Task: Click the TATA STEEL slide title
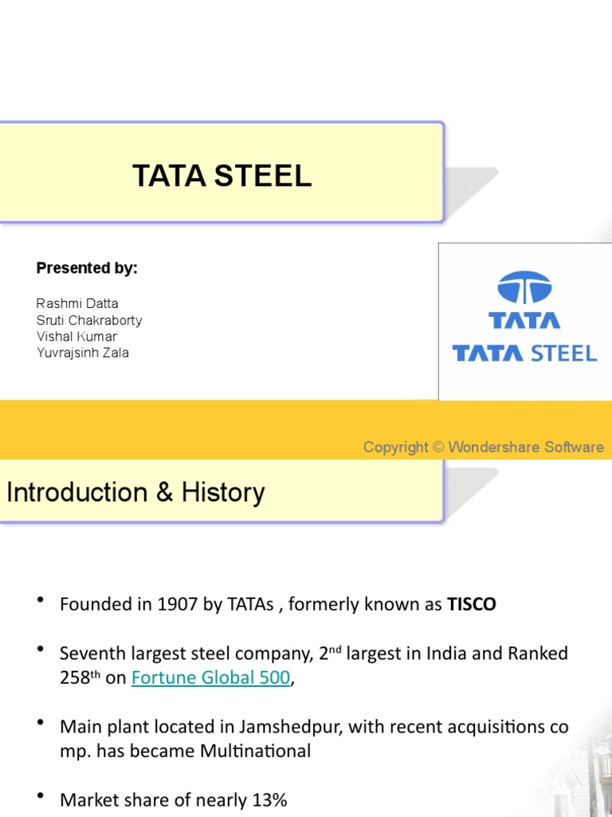pos(222,176)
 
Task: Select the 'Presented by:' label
pos(87,268)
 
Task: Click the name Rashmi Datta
pos(77,304)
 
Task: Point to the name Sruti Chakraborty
pos(89,320)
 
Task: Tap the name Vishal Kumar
pos(76,336)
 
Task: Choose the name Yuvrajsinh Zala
pos(82,352)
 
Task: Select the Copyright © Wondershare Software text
pos(483,447)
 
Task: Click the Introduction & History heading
pos(135,492)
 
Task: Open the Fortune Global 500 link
pos(210,677)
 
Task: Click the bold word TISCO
pos(471,604)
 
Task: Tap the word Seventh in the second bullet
pos(90,653)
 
